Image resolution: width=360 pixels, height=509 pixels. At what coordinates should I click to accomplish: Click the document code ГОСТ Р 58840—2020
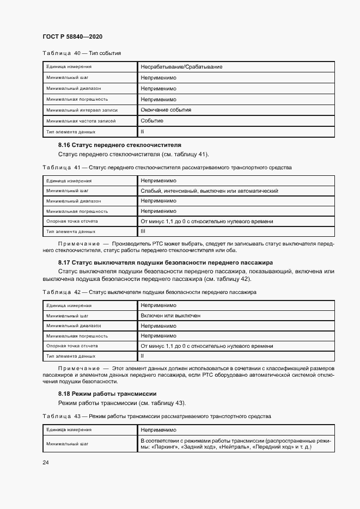click(72, 36)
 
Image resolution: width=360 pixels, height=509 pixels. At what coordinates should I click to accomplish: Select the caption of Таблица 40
click(81, 53)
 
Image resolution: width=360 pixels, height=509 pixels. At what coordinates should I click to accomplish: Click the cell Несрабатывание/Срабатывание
click(181, 67)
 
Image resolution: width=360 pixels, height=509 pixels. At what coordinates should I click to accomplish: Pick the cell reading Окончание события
click(166, 110)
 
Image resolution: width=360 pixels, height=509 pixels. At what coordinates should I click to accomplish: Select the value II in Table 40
click(142, 131)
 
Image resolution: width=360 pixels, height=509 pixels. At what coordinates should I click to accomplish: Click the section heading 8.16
click(119, 145)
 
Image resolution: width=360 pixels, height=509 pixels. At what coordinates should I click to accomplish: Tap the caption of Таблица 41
click(167, 167)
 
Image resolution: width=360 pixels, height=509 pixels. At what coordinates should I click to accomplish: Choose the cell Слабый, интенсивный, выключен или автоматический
click(210, 191)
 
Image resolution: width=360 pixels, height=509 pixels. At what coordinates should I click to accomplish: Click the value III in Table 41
click(143, 231)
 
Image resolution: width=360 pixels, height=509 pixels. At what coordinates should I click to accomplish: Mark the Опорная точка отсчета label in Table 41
click(72, 222)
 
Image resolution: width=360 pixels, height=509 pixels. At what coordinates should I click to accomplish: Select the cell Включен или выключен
click(170, 316)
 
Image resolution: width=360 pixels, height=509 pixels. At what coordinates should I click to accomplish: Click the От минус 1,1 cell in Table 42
click(207, 346)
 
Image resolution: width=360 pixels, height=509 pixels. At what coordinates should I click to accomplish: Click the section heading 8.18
click(107, 393)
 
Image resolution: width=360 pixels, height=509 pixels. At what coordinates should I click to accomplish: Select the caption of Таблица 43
click(156, 416)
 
